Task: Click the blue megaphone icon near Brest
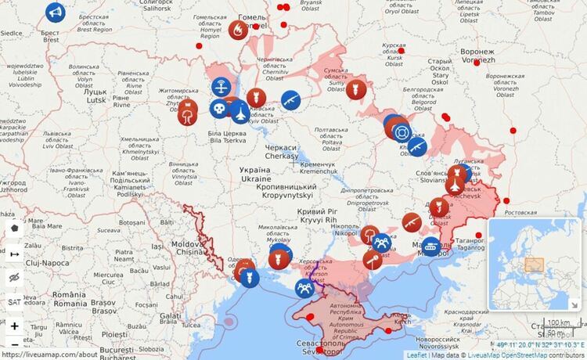(x=54, y=13)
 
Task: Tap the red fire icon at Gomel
(x=239, y=30)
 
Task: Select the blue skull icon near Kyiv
(x=220, y=107)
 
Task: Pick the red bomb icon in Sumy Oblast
(x=357, y=89)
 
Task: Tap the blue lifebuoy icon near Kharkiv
(x=402, y=131)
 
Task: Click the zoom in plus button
(x=14, y=326)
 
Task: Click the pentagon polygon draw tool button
(x=14, y=227)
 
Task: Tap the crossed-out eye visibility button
(x=14, y=277)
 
